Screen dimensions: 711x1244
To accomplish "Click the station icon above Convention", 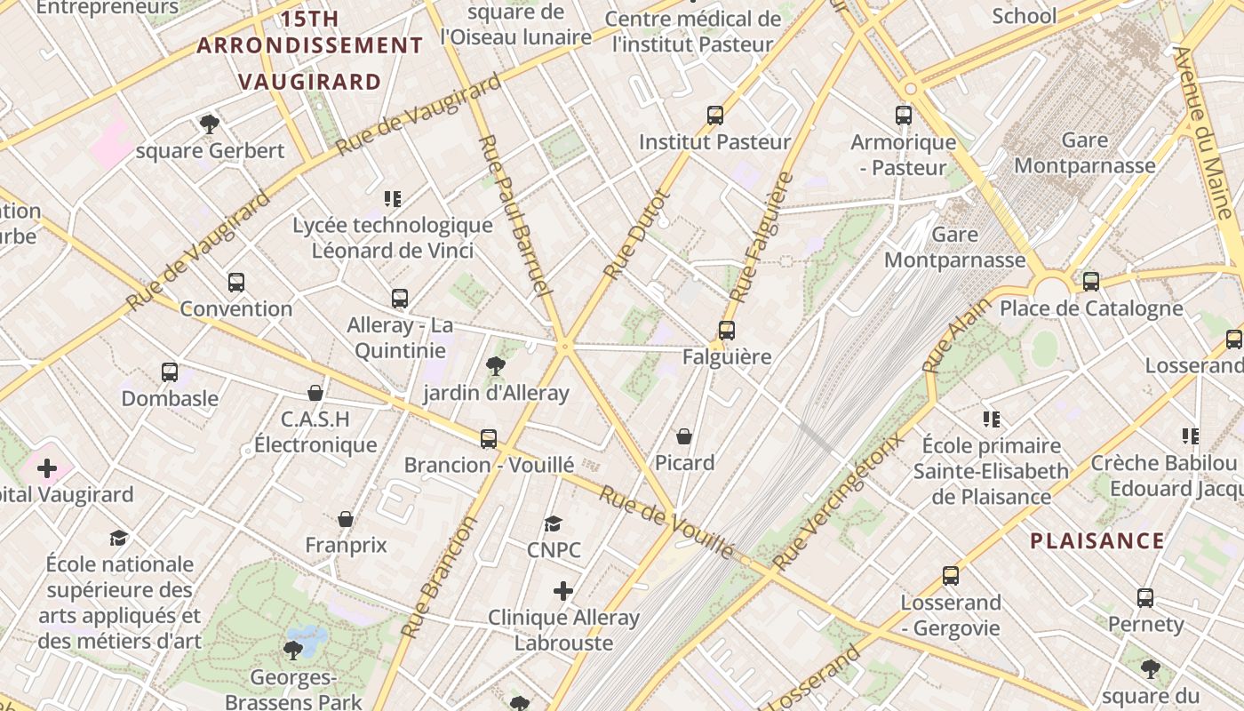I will (x=235, y=283).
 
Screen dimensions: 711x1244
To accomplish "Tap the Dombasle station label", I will (x=170, y=398).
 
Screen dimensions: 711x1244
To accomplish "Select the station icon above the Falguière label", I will (x=727, y=331).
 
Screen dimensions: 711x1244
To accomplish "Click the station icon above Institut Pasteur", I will (x=715, y=116).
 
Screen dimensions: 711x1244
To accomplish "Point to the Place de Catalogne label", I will (x=1091, y=308).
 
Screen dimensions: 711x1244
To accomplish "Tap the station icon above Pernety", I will (x=1145, y=598).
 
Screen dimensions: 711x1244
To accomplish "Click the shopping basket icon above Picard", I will (x=684, y=436).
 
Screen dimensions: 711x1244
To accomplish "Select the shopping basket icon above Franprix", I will (x=346, y=519).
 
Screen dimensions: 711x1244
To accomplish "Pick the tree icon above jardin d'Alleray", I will (x=496, y=365).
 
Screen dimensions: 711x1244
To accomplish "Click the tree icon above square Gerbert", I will (x=210, y=124).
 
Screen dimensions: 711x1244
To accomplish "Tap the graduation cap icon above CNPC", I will (x=554, y=523).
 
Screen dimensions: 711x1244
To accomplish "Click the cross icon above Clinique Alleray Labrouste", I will (x=563, y=591).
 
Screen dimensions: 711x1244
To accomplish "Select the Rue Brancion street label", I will (x=439, y=577).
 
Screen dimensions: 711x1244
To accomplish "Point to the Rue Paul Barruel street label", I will (x=515, y=216).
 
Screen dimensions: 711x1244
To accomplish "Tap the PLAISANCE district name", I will (x=1097, y=540).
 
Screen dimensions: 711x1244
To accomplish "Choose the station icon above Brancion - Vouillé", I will (x=489, y=438).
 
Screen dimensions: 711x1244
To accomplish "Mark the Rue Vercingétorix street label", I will (x=838, y=502).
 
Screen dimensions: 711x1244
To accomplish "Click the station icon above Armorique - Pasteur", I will (x=904, y=116).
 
